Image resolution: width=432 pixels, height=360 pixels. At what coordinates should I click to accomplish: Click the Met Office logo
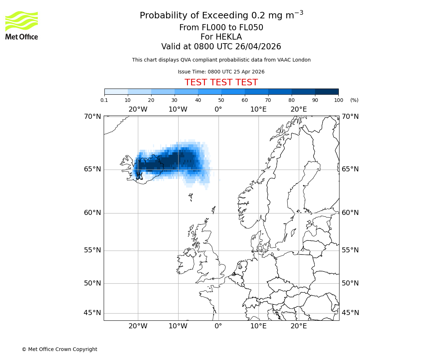(x=22, y=25)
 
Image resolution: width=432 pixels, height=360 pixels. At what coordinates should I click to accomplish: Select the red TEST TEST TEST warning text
(x=221, y=82)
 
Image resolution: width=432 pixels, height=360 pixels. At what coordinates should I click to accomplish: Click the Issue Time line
(x=221, y=72)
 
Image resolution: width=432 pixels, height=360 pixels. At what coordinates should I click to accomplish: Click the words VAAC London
(x=295, y=60)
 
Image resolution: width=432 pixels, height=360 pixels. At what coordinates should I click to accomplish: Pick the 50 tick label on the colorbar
(x=221, y=100)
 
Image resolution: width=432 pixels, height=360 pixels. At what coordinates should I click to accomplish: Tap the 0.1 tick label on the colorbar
(x=104, y=100)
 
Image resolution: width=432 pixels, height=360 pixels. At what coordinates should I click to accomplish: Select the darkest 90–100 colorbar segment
(x=327, y=91)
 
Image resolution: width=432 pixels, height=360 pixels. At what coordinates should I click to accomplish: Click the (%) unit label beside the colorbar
(x=354, y=100)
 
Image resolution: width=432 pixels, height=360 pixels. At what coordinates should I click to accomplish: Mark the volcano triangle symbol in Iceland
(x=139, y=176)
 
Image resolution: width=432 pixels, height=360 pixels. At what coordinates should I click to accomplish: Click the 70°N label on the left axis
(x=93, y=117)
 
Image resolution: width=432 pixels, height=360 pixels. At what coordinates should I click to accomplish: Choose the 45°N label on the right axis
(x=350, y=313)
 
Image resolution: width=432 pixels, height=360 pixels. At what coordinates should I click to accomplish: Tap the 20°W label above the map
(x=138, y=109)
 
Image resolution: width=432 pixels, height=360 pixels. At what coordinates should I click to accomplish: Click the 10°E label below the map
(x=258, y=326)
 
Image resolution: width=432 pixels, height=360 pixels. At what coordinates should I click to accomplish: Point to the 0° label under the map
(x=218, y=326)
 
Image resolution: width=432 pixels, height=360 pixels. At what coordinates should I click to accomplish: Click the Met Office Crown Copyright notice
(x=59, y=349)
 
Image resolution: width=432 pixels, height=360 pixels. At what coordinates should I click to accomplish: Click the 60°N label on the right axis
(x=350, y=213)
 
